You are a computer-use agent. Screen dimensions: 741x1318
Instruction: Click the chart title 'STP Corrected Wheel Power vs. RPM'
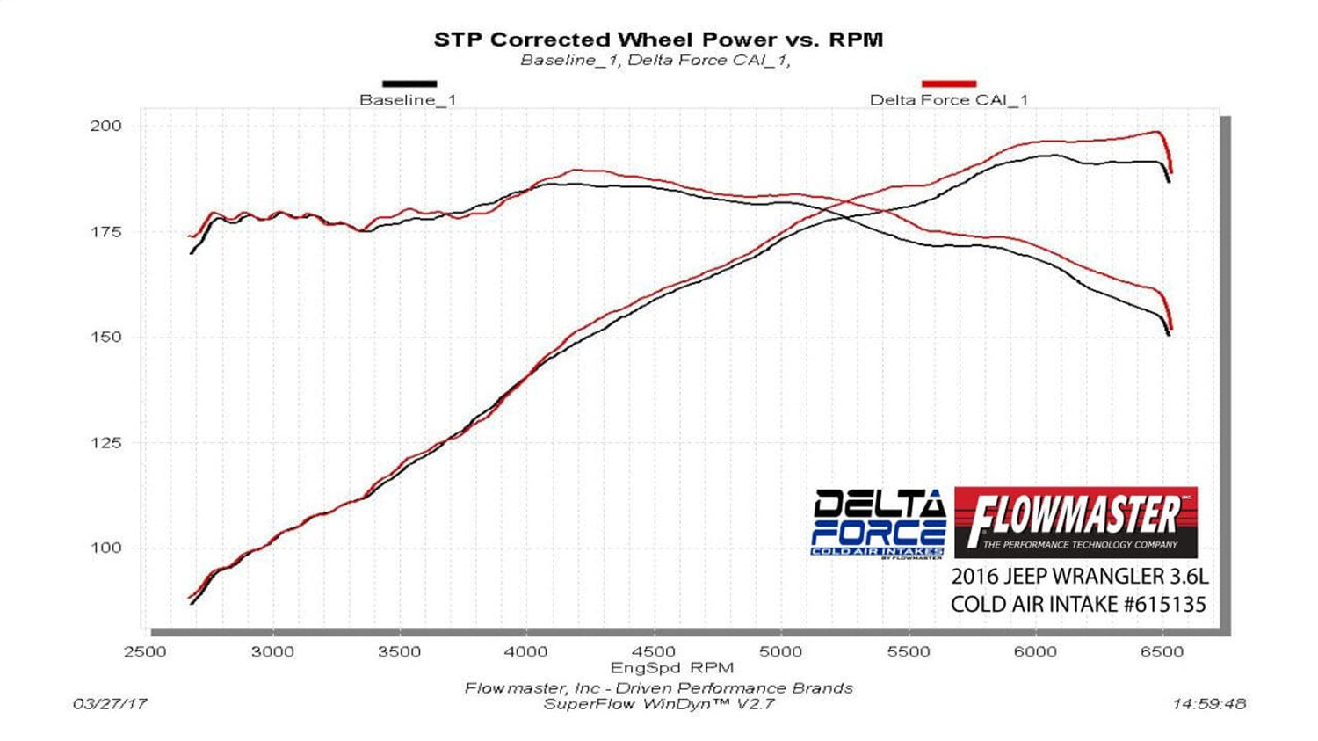click(x=658, y=40)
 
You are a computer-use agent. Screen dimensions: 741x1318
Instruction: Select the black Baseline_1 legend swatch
click(x=409, y=84)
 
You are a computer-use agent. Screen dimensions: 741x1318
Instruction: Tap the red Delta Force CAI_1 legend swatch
click(x=949, y=84)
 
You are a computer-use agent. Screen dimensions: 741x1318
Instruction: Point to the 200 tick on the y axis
click(x=105, y=126)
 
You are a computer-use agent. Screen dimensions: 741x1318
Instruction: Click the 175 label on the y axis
click(x=105, y=232)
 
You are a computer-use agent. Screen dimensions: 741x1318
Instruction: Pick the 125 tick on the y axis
click(x=105, y=443)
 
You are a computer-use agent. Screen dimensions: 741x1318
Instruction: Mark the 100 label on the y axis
click(x=105, y=548)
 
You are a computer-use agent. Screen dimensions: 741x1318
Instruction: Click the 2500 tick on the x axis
click(x=145, y=651)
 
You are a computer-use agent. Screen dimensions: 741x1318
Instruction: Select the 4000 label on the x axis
click(x=526, y=651)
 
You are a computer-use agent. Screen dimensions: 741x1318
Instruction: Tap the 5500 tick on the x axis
click(x=908, y=651)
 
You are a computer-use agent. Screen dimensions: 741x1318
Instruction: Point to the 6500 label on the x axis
click(x=1162, y=651)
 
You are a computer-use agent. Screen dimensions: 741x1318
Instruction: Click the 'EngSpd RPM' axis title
click(x=672, y=668)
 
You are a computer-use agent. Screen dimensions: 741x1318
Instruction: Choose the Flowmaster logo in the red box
click(x=1075, y=522)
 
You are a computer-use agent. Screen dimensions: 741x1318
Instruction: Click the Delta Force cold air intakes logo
click(x=878, y=522)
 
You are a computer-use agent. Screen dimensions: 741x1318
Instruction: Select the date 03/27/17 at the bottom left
click(x=110, y=703)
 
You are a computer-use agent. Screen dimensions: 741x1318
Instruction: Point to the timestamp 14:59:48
click(x=1208, y=703)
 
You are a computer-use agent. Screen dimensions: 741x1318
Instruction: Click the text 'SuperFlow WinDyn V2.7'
click(x=658, y=703)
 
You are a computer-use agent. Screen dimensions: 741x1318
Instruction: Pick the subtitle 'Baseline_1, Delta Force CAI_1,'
click(x=655, y=61)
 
